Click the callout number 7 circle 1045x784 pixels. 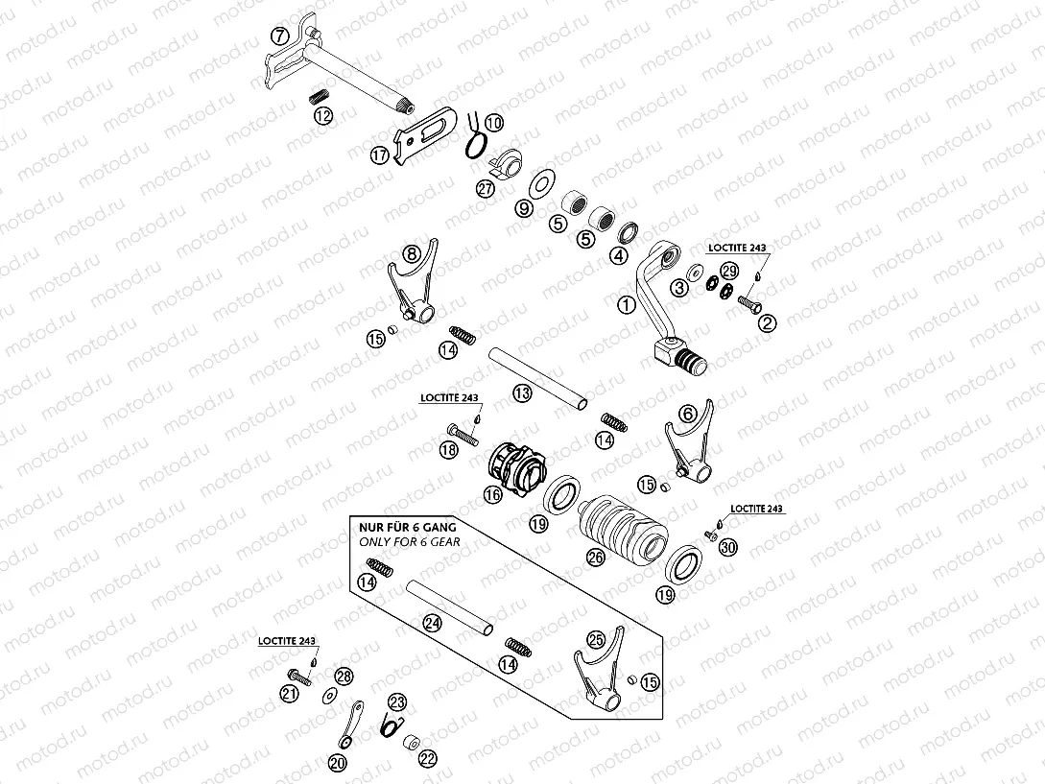point(279,36)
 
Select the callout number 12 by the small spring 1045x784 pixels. point(323,115)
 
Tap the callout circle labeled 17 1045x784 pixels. point(380,154)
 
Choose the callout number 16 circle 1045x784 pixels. point(492,495)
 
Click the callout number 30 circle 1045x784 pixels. point(728,547)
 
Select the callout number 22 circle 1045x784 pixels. point(427,757)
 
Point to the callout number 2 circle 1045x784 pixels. point(767,323)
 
